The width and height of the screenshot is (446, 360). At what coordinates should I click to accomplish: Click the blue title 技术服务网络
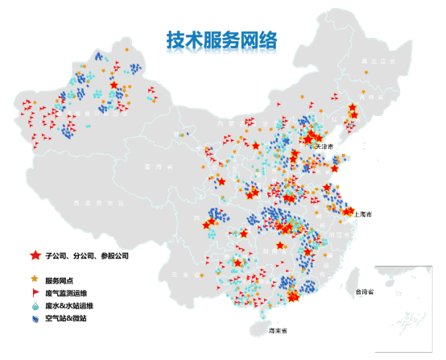221,43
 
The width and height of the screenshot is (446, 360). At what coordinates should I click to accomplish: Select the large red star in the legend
35,255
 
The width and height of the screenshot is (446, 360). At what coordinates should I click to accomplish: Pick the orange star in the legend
35,279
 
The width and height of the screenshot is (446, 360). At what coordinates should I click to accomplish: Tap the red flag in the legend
35,292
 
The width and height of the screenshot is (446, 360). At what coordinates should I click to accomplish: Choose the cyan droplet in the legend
35,306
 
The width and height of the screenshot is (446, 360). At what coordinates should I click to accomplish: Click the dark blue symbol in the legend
35,320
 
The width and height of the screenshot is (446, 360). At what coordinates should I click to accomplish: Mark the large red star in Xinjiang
114,85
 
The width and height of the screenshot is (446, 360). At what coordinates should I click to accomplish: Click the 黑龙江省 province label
378,61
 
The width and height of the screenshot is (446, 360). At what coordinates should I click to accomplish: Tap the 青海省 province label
153,167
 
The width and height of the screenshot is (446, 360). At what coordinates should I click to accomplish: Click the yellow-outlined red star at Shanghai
349,211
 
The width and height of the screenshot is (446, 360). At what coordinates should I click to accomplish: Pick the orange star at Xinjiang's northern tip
126,49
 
